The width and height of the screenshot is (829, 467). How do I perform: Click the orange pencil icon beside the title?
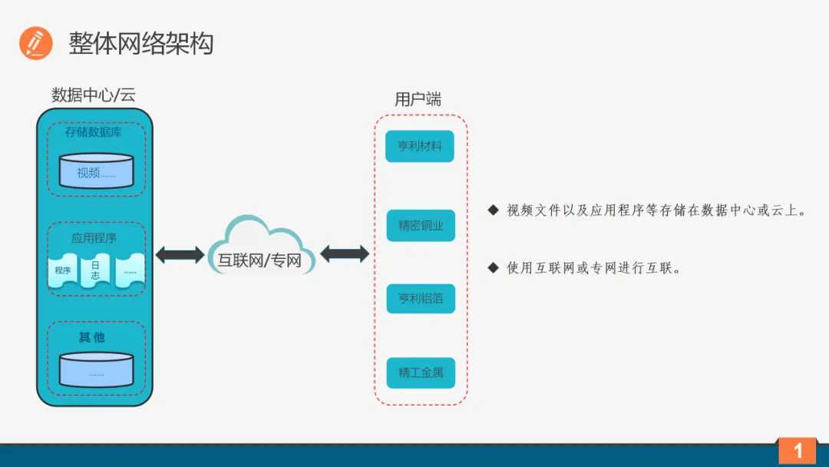click(x=35, y=43)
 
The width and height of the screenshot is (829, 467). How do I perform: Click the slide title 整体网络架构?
click(x=140, y=43)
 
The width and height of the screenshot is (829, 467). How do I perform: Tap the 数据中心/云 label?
click(x=94, y=95)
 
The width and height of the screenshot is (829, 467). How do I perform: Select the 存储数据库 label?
click(x=94, y=132)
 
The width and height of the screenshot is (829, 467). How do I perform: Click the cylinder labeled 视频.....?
click(x=96, y=171)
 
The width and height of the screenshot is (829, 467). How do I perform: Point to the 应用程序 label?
click(x=94, y=238)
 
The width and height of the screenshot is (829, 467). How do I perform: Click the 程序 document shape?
click(x=63, y=270)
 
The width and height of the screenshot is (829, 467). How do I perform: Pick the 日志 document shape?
click(x=96, y=270)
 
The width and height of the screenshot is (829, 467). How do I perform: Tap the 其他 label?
click(x=92, y=337)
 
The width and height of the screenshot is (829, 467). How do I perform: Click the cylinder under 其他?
click(x=96, y=369)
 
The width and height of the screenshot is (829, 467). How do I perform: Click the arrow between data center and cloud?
click(x=180, y=254)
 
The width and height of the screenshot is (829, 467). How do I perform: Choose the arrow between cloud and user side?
click(x=345, y=253)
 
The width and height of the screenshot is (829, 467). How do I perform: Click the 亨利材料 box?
click(x=420, y=146)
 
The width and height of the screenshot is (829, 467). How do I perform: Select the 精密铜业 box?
click(x=421, y=226)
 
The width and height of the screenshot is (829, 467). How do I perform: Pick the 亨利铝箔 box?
click(x=421, y=299)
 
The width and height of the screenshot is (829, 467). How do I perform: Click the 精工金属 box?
click(x=421, y=373)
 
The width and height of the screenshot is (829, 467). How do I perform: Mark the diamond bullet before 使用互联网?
click(x=493, y=267)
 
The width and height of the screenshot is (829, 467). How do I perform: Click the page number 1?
click(x=798, y=451)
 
